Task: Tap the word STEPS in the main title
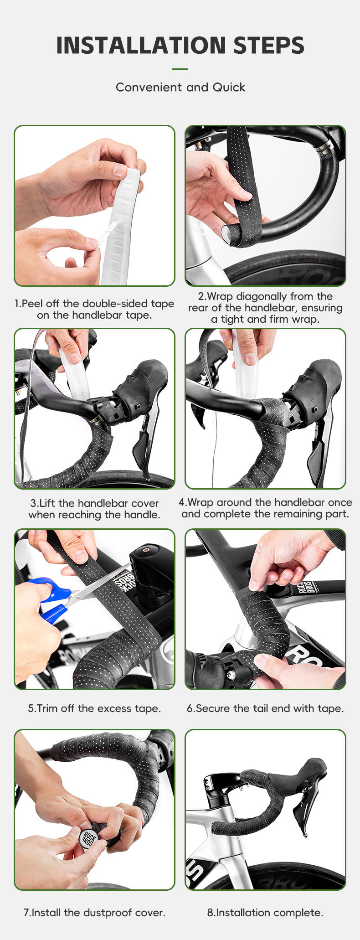[x=268, y=46]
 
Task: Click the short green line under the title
[x=180, y=69]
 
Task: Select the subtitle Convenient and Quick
[x=180, y=87]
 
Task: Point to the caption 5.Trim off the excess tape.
[x=94, y=708]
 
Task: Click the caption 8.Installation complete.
[x=265, y=912]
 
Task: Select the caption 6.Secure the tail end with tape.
[x=265, y=708]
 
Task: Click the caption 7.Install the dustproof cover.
[x=94, y=912]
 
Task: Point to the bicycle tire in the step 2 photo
[x=292, y=269]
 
